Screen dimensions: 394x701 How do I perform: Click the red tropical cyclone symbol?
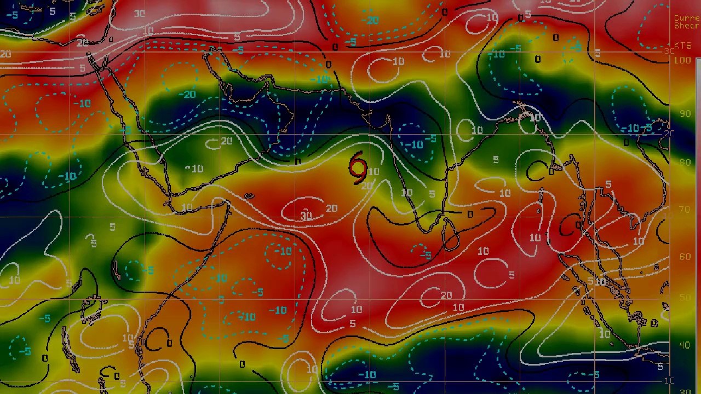tap(358, 168)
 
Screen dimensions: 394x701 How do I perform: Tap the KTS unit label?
tap(682, 46)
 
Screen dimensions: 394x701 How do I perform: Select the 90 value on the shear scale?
tap(685, 113)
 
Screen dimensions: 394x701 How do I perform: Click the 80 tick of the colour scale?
tap(685, 162)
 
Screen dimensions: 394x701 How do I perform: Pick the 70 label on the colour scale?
tap(685, 210)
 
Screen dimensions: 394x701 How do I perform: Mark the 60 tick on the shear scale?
tap(685, 256)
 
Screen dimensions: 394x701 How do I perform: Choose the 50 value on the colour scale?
tap(685, 297)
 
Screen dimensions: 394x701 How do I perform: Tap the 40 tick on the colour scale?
tap(685, 345)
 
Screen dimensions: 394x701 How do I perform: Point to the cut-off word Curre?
tap(687, 18)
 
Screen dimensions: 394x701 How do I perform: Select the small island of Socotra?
tap(249, 196)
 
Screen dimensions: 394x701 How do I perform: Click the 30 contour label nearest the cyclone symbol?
tap(306, 217)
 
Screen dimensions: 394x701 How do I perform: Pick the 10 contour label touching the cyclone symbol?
tap(373, 172)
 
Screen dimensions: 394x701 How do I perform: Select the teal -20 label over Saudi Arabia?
tap(187, 95)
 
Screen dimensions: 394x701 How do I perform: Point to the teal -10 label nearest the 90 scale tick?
tap(633, 129)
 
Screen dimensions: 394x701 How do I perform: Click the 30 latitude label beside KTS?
tap(669, 51)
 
